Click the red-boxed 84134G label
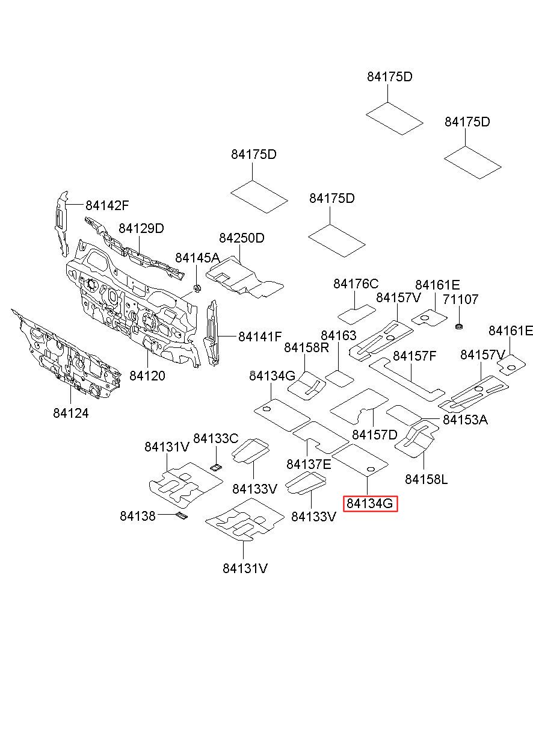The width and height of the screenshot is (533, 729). pos(370,504)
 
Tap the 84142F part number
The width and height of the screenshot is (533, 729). pos(107,205)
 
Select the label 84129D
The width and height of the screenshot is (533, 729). pos(141,229)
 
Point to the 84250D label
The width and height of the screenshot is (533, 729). pos(242,238)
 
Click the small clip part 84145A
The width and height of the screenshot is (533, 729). pos(197,288)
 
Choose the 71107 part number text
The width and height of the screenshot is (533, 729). pos(460,299)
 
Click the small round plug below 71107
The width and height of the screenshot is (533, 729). pos(459,326)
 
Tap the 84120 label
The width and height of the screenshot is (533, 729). pos(147,376)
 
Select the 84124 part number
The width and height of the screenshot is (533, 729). pos(71,414)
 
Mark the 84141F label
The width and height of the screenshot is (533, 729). pos(260,337)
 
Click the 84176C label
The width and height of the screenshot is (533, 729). pos(356,284)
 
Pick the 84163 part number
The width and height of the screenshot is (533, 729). pos(339,335)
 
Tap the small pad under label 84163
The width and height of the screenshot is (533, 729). pos(339,379)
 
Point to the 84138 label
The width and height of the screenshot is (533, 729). pos(138,516)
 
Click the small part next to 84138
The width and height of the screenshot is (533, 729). pos(182,516)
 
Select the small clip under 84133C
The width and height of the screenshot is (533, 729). pos(216,468)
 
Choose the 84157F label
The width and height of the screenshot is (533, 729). pos(414,356)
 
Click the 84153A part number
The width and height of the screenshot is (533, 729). pos(466,420)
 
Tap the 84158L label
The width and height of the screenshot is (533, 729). pos(427,479)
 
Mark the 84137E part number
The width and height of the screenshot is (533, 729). pos(309,464)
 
